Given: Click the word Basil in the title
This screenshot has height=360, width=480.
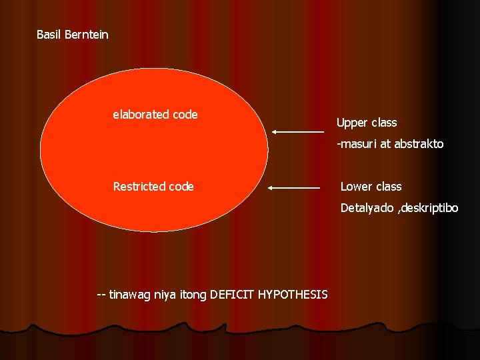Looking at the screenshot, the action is click(x=49, y=34).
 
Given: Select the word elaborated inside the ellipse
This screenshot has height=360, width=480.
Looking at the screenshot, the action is click(x=141, y=115).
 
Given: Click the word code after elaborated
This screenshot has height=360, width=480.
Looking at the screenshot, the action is click(x=185, y=115).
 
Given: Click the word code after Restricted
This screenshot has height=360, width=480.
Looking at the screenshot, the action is click(x=181, y=187).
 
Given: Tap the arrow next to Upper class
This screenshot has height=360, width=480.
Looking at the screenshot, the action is click(x=297, y=132).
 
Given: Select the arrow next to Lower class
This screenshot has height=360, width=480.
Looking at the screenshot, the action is click(x=294, y=189).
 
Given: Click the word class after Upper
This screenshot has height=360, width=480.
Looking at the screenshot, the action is click(x=384, y=123).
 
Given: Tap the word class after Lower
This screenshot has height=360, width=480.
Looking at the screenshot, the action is click(x=389, y=187).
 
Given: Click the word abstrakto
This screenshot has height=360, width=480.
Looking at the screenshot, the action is click(x=419, y=144).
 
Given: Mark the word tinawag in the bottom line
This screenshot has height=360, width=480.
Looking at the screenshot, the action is click(x=129, y=294).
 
